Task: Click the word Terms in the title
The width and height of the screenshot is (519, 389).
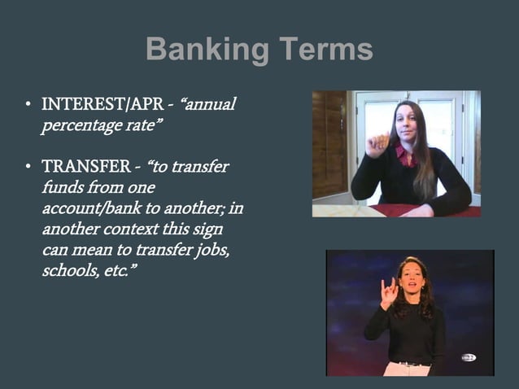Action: pos(325,50)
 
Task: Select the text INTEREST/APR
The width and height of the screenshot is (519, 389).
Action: pos(100,106)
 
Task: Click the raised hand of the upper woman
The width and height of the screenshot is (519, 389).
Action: pos(377,144)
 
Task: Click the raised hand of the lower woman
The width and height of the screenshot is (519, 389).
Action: pos(389,291)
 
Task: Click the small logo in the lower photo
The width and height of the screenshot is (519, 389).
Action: pos(469,357)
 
